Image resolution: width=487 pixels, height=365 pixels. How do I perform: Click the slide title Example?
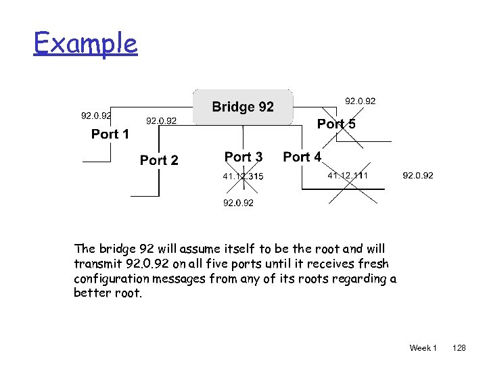pos(86,45)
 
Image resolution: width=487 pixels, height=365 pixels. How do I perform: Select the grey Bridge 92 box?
pos(243,107)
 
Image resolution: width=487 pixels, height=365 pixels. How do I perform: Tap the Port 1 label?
pos(110,134)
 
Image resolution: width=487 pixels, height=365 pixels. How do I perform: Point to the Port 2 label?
pos(159,160)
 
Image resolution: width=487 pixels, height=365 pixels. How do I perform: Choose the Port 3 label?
pos(243,157)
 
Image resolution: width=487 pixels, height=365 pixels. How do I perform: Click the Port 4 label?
pos(302,157)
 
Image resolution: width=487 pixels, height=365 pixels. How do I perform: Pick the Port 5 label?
pos(336,124)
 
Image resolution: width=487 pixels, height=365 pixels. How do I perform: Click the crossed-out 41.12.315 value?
pos(243,177)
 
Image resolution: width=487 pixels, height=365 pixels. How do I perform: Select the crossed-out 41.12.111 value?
pos(348,176)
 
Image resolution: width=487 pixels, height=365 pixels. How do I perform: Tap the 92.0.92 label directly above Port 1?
pos(96,116)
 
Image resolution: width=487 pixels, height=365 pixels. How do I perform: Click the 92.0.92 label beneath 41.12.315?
pos(239,203)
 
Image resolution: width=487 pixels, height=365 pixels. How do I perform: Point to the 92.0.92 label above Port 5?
pos(361,101)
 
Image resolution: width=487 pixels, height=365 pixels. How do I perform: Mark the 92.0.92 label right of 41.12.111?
pos(418,176)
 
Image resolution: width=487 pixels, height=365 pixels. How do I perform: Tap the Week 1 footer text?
pos(423,348)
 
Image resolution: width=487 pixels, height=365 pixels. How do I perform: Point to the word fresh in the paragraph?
pos(374,264)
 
